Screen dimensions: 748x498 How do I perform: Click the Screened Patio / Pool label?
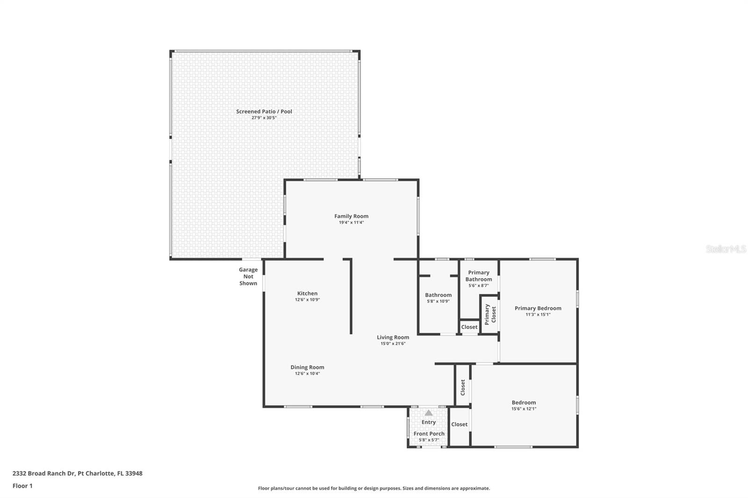pos(264,112)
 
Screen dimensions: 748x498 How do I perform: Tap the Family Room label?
pos(351,216)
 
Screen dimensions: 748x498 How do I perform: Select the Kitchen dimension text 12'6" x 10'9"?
pos(307,300)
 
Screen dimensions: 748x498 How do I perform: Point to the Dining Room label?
pos(307,367)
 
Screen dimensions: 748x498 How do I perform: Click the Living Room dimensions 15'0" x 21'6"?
pos(393,343)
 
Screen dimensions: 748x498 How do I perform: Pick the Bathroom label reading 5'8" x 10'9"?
pos(438,301)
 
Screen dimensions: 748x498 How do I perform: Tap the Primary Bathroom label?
pos(479,276)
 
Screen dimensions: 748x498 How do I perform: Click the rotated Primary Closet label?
pos(490,314)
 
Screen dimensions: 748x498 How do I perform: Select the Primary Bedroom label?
pos(538,308)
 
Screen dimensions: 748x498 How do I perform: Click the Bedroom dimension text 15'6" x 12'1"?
pos(524,409)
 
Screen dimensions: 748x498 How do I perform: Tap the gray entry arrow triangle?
pos(428,413)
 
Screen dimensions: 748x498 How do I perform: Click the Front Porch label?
pos(429,434)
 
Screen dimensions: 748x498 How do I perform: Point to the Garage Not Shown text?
pos(248,277)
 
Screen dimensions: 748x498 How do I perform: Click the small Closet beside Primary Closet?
pos(469,327)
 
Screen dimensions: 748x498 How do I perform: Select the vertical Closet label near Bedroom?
pos(463,388)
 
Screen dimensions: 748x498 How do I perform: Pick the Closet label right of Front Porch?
pos(459,424)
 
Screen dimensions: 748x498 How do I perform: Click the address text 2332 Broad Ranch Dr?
pos(43,473)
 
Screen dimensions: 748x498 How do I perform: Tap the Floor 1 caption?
pos(22,486)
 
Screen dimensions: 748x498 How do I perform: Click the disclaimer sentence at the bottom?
pos(374,488)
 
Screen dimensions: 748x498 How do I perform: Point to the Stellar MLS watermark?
pos(726,249)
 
